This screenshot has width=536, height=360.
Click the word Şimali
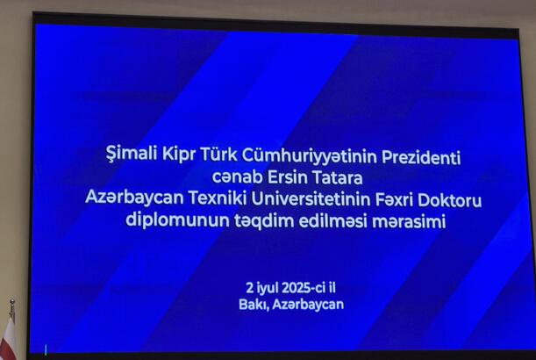pos(132,154)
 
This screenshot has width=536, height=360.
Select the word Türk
pos(218,155)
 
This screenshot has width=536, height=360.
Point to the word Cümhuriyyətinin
pos(310,156)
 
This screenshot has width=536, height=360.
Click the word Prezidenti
pos(421,157)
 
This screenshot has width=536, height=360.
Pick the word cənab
pos(237,177)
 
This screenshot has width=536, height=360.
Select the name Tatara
pos(338,178)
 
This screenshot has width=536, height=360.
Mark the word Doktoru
pos(449,201)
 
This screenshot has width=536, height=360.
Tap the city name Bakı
pos(254,304)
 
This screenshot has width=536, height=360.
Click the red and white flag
pos(8,338)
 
